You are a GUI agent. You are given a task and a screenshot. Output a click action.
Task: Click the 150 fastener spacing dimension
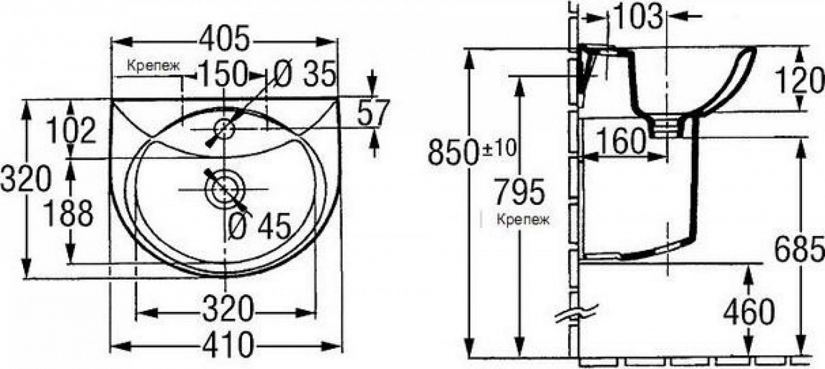point(222,74)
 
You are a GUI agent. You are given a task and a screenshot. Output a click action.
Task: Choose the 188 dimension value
point(69,213)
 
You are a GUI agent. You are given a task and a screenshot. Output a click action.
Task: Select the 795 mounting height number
point(519,191)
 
